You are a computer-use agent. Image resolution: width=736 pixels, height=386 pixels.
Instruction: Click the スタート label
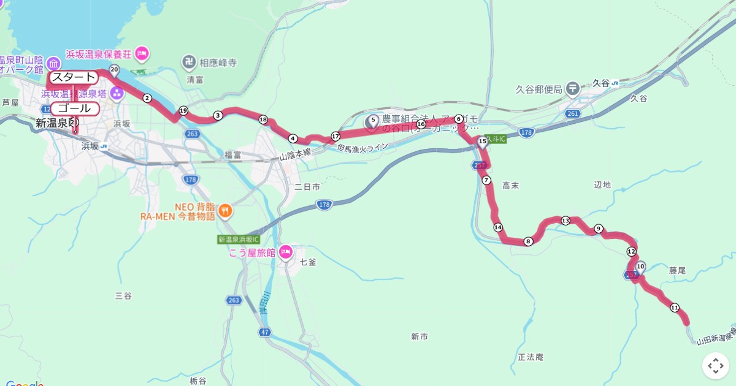[x=74, y=77]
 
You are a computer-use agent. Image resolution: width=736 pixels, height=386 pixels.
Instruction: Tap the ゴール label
[x=74, y=108]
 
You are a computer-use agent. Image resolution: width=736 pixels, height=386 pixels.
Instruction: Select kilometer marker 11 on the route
[x=675, y=308]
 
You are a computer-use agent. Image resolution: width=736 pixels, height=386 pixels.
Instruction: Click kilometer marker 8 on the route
[x=528, y=241]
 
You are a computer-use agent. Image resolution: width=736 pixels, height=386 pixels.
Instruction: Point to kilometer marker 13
[x=565, y=221]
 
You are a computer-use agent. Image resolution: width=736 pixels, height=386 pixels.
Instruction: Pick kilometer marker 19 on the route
[x=183, y=110]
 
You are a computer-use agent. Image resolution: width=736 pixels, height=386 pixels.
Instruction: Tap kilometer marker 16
[x=421, y=124]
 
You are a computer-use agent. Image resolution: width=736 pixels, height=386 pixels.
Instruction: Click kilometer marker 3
[x=218, y=115]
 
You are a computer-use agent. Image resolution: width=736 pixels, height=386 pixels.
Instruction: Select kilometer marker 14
[x=497, y=227]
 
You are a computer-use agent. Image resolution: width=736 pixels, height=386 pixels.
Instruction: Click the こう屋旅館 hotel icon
[x=285, y=252]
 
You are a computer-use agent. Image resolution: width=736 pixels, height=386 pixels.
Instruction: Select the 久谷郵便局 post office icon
[x=573, y=89]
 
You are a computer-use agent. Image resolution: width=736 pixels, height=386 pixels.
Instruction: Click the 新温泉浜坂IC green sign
[x=239, y=240]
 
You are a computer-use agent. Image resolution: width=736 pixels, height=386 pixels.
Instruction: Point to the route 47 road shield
[x=264, y=332]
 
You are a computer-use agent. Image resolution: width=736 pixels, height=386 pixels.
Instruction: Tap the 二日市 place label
[x=307, y=186]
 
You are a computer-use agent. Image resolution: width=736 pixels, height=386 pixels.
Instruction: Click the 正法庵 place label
[x=531, y=357]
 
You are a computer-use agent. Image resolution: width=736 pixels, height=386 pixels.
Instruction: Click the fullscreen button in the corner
[x=716, y=366]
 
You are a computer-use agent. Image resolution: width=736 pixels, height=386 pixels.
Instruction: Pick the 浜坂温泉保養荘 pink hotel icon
[x=142, y=53]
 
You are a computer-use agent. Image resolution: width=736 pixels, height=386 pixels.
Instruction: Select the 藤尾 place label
[x=677, y=270]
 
